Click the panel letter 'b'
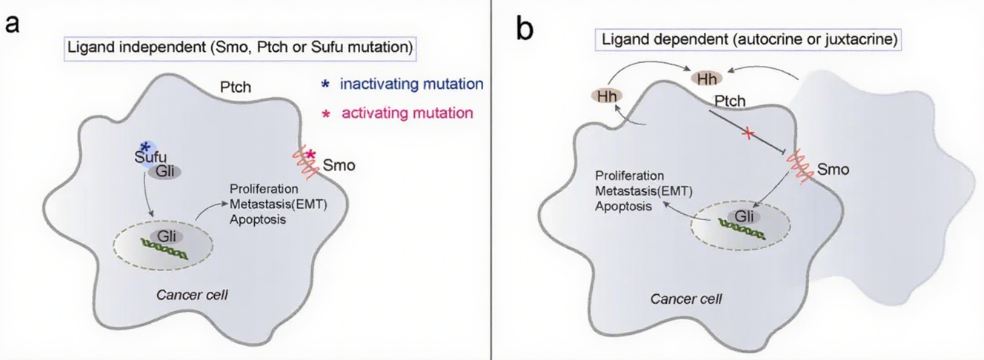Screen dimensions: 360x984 524,30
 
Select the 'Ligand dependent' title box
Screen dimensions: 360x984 748,41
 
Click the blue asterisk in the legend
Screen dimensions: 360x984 324,84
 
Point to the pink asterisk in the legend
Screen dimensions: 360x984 324,115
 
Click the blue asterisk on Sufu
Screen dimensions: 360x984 145,147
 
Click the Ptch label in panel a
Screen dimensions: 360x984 236,87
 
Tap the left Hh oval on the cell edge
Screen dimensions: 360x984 606,96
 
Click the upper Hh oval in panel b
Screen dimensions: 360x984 706,78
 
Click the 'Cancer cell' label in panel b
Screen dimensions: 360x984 686,299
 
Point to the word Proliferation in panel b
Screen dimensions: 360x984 629,176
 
